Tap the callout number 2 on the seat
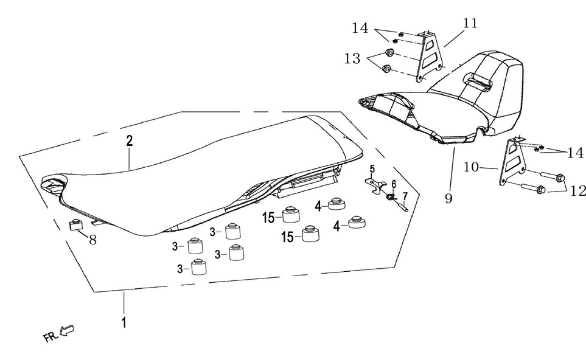[x=129, y=142]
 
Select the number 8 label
[x=93, y=240]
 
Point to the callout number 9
[x=448, y=199]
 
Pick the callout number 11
[x=470, y=24]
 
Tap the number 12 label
[x=578, y=191]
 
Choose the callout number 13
[x=352, y=58]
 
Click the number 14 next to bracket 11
[x=360, y=27]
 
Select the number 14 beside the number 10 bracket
[x=575, y=153]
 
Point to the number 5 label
[x=372, y=168]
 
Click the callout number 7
[x=404, y=196]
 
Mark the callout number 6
[x=394, y=183]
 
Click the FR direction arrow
[x=68, y=331]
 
